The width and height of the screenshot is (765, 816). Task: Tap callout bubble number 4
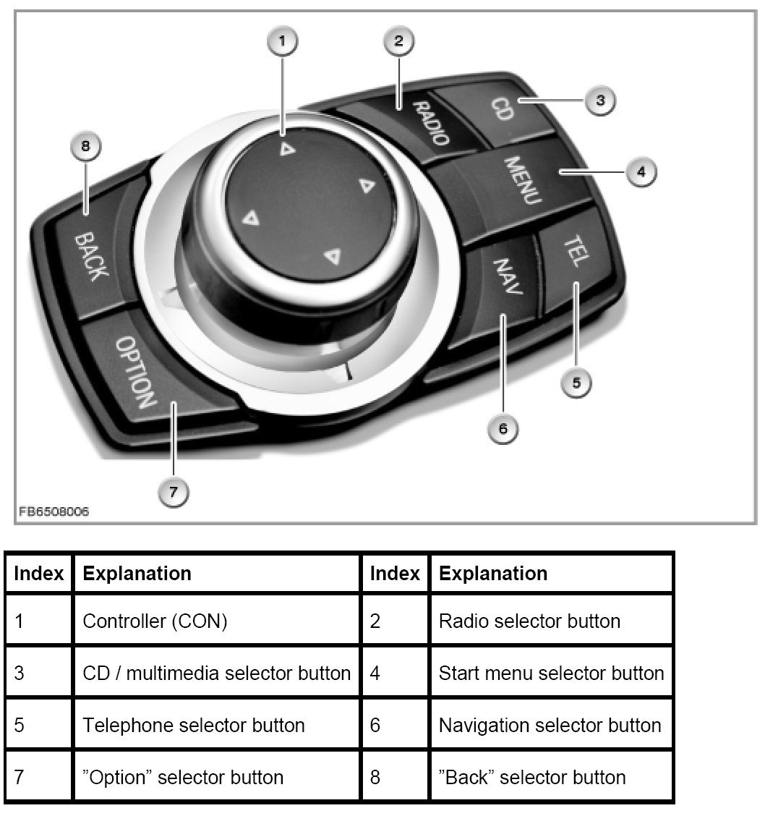click(640, 172)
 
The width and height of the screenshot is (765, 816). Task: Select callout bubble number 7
click(174, 493)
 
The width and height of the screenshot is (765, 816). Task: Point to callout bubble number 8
click(86, 148)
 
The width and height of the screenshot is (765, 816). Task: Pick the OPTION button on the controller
click(137, 373)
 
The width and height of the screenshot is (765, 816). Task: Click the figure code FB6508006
click(54, 511)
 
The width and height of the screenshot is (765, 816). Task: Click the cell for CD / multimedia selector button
click(217, 673)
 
